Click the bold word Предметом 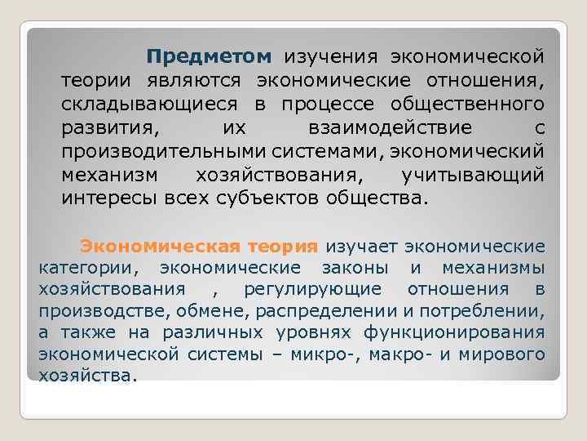[x=208, y=57]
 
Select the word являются [x=196, y=81]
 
